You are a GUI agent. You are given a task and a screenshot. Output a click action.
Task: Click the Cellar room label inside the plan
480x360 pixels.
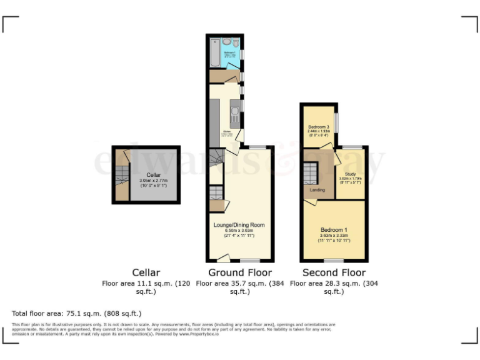pos(154,174)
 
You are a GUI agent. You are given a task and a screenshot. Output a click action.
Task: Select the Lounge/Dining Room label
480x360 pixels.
pos(239,225)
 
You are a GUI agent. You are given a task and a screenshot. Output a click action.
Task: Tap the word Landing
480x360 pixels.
pos(317,189)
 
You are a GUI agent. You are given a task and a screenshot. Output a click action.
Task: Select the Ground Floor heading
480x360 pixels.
pos(240,272)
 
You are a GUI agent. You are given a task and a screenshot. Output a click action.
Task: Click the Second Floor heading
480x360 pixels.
pos(334,272)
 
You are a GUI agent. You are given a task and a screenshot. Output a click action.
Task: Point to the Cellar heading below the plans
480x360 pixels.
pos(146,272)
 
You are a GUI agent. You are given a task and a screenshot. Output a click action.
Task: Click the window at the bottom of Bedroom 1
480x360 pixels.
pos(334,260)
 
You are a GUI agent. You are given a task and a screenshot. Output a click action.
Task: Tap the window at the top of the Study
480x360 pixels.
pos(352,147)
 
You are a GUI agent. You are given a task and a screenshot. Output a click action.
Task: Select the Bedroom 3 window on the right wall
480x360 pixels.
pos(337,123)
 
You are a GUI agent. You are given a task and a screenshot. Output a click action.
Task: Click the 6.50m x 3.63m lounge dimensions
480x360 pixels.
pos(239,230)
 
